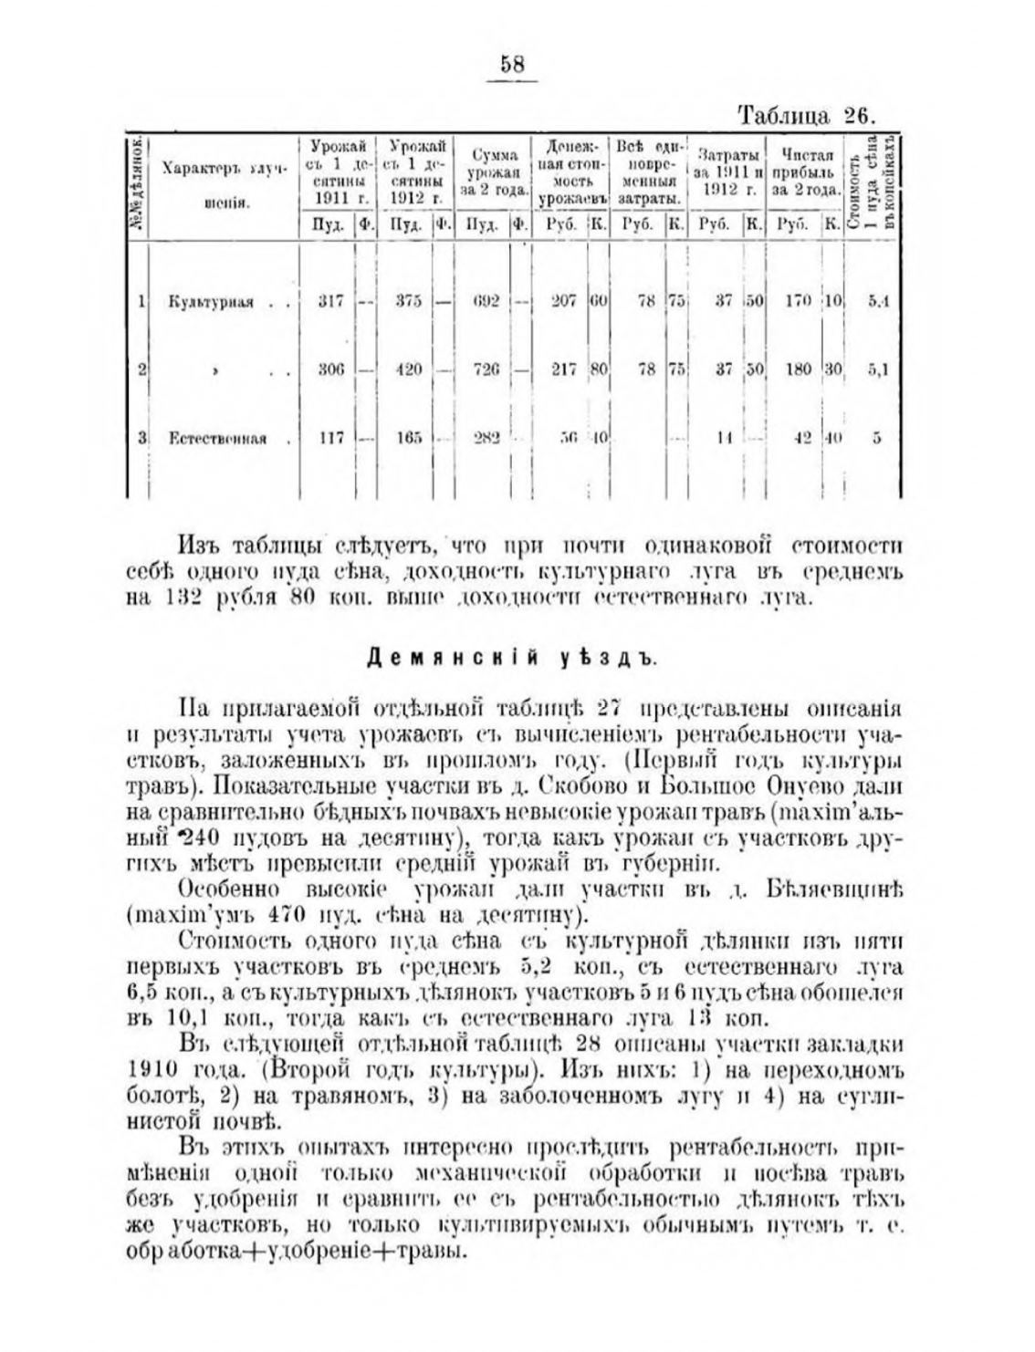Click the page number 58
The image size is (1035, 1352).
(x=512, y=65)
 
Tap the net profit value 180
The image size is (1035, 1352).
(x=798, y=370)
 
